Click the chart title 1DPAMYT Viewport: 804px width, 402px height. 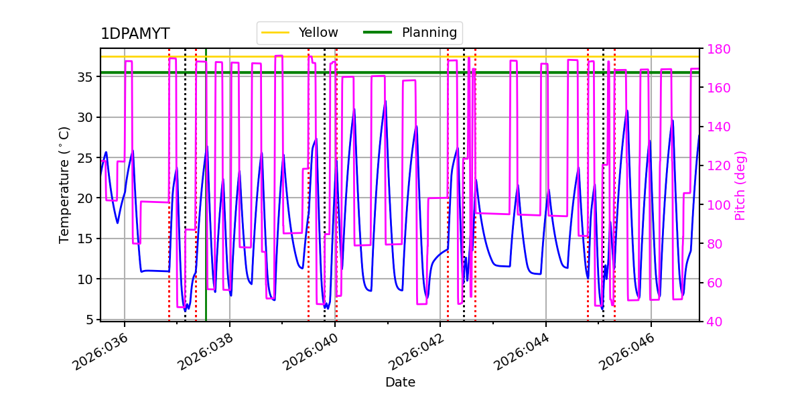tap(135, 34)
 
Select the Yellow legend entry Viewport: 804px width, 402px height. tap(318, 33)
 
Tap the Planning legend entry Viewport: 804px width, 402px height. tap(429, 33)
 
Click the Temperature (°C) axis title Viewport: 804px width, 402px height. tap(64, 184)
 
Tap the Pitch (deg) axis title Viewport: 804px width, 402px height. tap(740, 185)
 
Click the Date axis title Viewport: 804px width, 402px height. tap(400, 383)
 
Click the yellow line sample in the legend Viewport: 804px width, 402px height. tap(275, 33)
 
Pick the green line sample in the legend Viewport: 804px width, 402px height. tap(379, 33)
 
